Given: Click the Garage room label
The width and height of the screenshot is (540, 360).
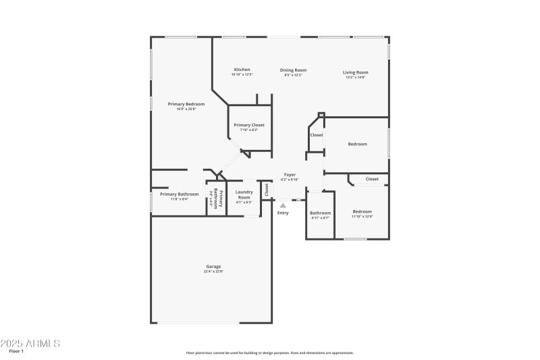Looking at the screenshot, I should point(213,266).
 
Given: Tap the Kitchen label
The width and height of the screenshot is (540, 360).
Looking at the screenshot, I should point(242,70).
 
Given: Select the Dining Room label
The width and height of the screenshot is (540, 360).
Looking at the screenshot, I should point(294,70).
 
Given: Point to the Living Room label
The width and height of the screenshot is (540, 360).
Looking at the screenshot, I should point(355,72).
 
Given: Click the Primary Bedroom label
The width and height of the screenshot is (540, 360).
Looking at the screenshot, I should point(186,104).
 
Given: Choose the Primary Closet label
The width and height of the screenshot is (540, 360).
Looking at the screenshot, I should point(249,125).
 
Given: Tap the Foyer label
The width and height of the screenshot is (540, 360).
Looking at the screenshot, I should point(290,175).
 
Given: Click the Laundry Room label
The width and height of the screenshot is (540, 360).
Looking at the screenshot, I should point(244,195).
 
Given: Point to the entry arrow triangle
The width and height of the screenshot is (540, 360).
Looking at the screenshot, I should point(283,205).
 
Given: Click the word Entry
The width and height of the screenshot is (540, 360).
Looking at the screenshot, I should point(283,213).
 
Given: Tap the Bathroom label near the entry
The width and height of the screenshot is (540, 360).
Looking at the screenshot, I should point(320,213).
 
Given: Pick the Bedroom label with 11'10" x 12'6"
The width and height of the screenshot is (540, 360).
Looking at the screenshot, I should point(362,211).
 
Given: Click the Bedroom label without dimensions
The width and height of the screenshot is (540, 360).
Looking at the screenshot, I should point(357,144).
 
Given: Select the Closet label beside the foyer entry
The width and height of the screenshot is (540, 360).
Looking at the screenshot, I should point(267,190).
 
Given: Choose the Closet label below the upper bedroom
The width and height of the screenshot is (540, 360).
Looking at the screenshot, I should point(372,179).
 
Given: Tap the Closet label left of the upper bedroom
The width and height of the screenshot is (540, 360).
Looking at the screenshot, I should point(317,135).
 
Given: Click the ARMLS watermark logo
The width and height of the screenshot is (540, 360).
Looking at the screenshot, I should point(31,343).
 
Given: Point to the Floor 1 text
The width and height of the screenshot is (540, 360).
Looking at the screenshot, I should point(16,351).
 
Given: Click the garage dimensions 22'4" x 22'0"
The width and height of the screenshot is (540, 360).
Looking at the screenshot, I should point(213,272).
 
